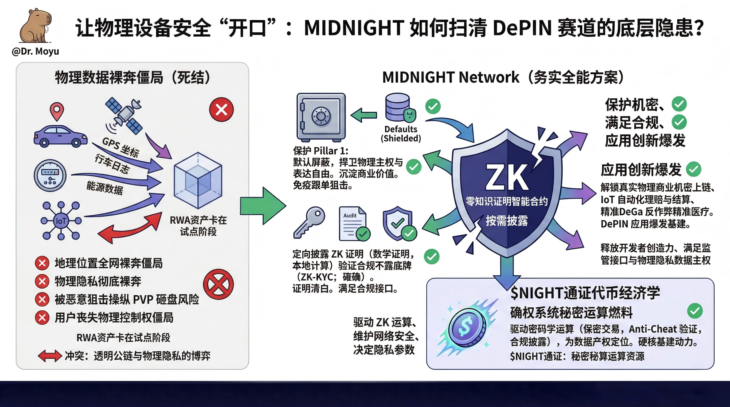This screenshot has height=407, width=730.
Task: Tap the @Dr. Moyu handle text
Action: pyautogui.click(x=36, y=51)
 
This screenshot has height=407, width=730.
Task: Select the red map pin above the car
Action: pyautogui.click(x=57, y=111)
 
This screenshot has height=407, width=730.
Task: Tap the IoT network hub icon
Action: pyautogui.click(x=61, y=221)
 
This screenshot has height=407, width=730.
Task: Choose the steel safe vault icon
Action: pyautogui.click(x=321, y=117)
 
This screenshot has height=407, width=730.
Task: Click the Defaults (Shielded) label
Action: pyautogui.click(x=401, y=134)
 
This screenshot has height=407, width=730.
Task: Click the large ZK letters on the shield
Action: pyautogui.click(x=507, y=178)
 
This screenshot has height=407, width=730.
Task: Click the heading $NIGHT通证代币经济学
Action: pyautogui.click(x=585, y=293)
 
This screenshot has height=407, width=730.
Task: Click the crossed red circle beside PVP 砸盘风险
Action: pyautogui.click(x=218, y=284)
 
